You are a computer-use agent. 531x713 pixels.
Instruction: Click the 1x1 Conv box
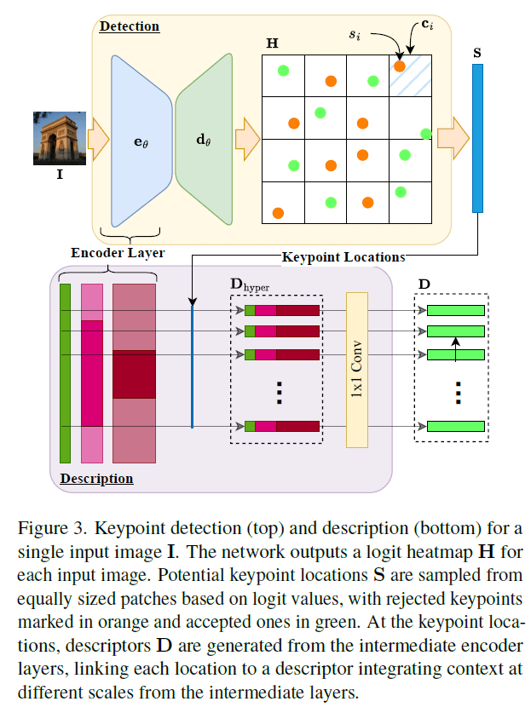pyautogui.click(x=355, y=368)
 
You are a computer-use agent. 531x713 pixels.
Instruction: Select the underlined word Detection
pyautogui.click(x=130, y=26)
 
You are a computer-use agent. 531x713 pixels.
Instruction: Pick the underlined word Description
pyautogui.click(x=96, y=479)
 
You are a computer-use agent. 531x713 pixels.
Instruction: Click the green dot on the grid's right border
pyautogui.click(x=426, y=133)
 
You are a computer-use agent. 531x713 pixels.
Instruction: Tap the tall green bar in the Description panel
pyautogui.click(x=66, y=373)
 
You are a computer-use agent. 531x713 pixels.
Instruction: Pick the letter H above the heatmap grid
pyautogui.click(x=271, y=43)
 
